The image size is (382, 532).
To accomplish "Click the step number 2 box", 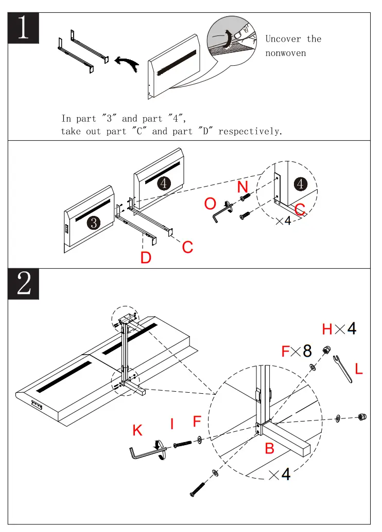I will click(x=24, y=284).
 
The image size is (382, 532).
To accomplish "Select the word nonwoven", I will click(x=285, y=53).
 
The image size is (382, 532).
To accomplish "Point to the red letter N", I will click(x=243, y=187).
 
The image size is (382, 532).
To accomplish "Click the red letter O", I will click(x=210, y=204).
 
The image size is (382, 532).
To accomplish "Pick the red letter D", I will click(x=146, y=256).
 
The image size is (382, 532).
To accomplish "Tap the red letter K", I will click(x=137, y=430).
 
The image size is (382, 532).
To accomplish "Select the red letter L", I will click(x=359, y=368).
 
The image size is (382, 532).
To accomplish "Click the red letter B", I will click(x=269, y=448).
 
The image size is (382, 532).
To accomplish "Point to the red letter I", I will click(x=172, y=424).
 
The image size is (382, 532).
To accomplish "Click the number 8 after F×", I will click(x=307, y=351).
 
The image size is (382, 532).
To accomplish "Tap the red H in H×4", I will click(x=327, y=329).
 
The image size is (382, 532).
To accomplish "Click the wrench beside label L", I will click(x=342, y=368).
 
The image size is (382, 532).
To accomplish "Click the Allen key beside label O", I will click(x=219, y=212).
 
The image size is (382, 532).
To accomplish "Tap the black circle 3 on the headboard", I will click(x=93, y=223).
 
